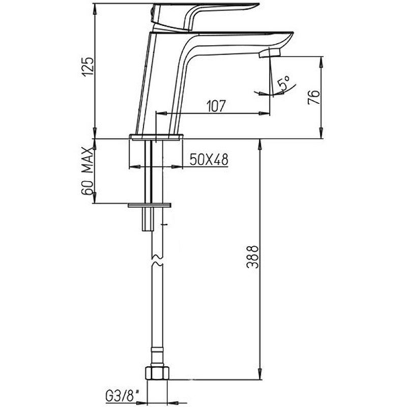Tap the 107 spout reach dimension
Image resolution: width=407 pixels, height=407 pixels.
click(x=216, y=106)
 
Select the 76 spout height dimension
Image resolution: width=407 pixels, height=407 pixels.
click(x=314, y=97)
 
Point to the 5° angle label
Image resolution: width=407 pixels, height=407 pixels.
click(x=283, y=83)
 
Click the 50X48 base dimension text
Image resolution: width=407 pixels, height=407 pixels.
click(x=209, y=159)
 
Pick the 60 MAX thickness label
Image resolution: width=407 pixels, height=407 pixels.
click(x=87, y=171)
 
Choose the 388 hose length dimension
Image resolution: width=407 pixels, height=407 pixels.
click(x=252, y=256)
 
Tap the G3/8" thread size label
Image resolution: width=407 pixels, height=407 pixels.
click(x=122, y=396)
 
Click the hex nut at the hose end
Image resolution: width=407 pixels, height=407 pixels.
click(x=157, y=373)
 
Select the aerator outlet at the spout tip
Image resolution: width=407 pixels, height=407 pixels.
click(x=270, y=54)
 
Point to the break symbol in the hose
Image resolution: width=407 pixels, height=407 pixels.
click(x=157, y=260)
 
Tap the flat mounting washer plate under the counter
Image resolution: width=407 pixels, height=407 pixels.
click(x=150, y=205)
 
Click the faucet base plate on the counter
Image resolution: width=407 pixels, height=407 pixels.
click(x=156, y=137)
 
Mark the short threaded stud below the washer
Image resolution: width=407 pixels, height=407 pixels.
click(x=148, y=219)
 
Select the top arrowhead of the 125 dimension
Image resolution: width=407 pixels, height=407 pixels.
click(x=95, y=7)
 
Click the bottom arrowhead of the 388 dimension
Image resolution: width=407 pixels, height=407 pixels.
click(x=260, y=375)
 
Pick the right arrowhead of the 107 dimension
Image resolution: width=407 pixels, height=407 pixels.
click(x=265, y=113)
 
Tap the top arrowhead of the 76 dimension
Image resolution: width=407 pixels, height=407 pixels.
click(x=321, y=61)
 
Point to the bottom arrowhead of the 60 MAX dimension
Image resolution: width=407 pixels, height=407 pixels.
click(x=95, y=199)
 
